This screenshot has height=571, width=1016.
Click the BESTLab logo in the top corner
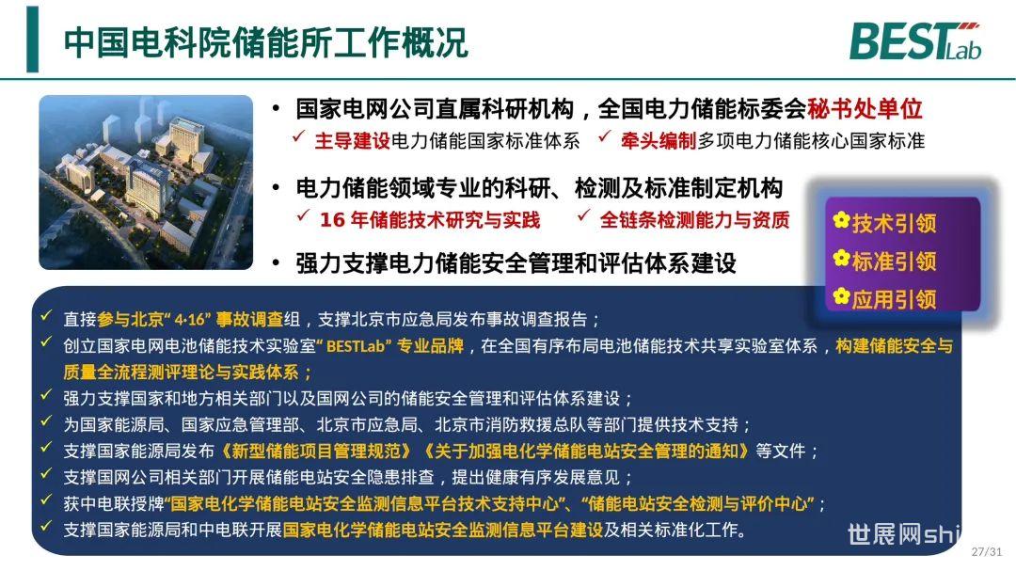click(x=915, y=41)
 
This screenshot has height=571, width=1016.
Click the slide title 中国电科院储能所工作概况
click(x=265, y=42)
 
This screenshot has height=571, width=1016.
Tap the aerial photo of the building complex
click(x=146, y=182)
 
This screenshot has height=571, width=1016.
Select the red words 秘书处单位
click(x=865, y=109)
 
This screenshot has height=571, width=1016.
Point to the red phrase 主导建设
click(x=353, y=141)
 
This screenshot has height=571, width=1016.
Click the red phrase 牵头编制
click(x=659, y=141)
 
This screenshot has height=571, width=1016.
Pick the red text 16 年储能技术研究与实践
click(x=430, y=220)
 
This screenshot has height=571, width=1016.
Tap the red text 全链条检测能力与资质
click(x=694, y=220)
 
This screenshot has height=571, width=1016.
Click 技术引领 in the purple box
click(x=895, y=224)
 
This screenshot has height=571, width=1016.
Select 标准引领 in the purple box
click(x=895, y=262)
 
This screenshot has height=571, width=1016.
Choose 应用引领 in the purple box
click(x=895, y=299)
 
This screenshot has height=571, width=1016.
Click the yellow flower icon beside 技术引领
click(x=841, y=220)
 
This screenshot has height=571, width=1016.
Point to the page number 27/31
click(x=986, y=551)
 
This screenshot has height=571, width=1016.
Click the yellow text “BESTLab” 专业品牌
click(x=390, y=345)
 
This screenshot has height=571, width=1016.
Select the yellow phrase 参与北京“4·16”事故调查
click(x=190, y=319)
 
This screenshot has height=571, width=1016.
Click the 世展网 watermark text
click(x=904, y=534)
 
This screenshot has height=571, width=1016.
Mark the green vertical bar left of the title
click(x=32, y=39)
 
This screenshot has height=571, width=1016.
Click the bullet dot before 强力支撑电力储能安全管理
click(x=277, y=263)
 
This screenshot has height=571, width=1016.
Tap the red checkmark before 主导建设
click(x=299, y=136)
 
